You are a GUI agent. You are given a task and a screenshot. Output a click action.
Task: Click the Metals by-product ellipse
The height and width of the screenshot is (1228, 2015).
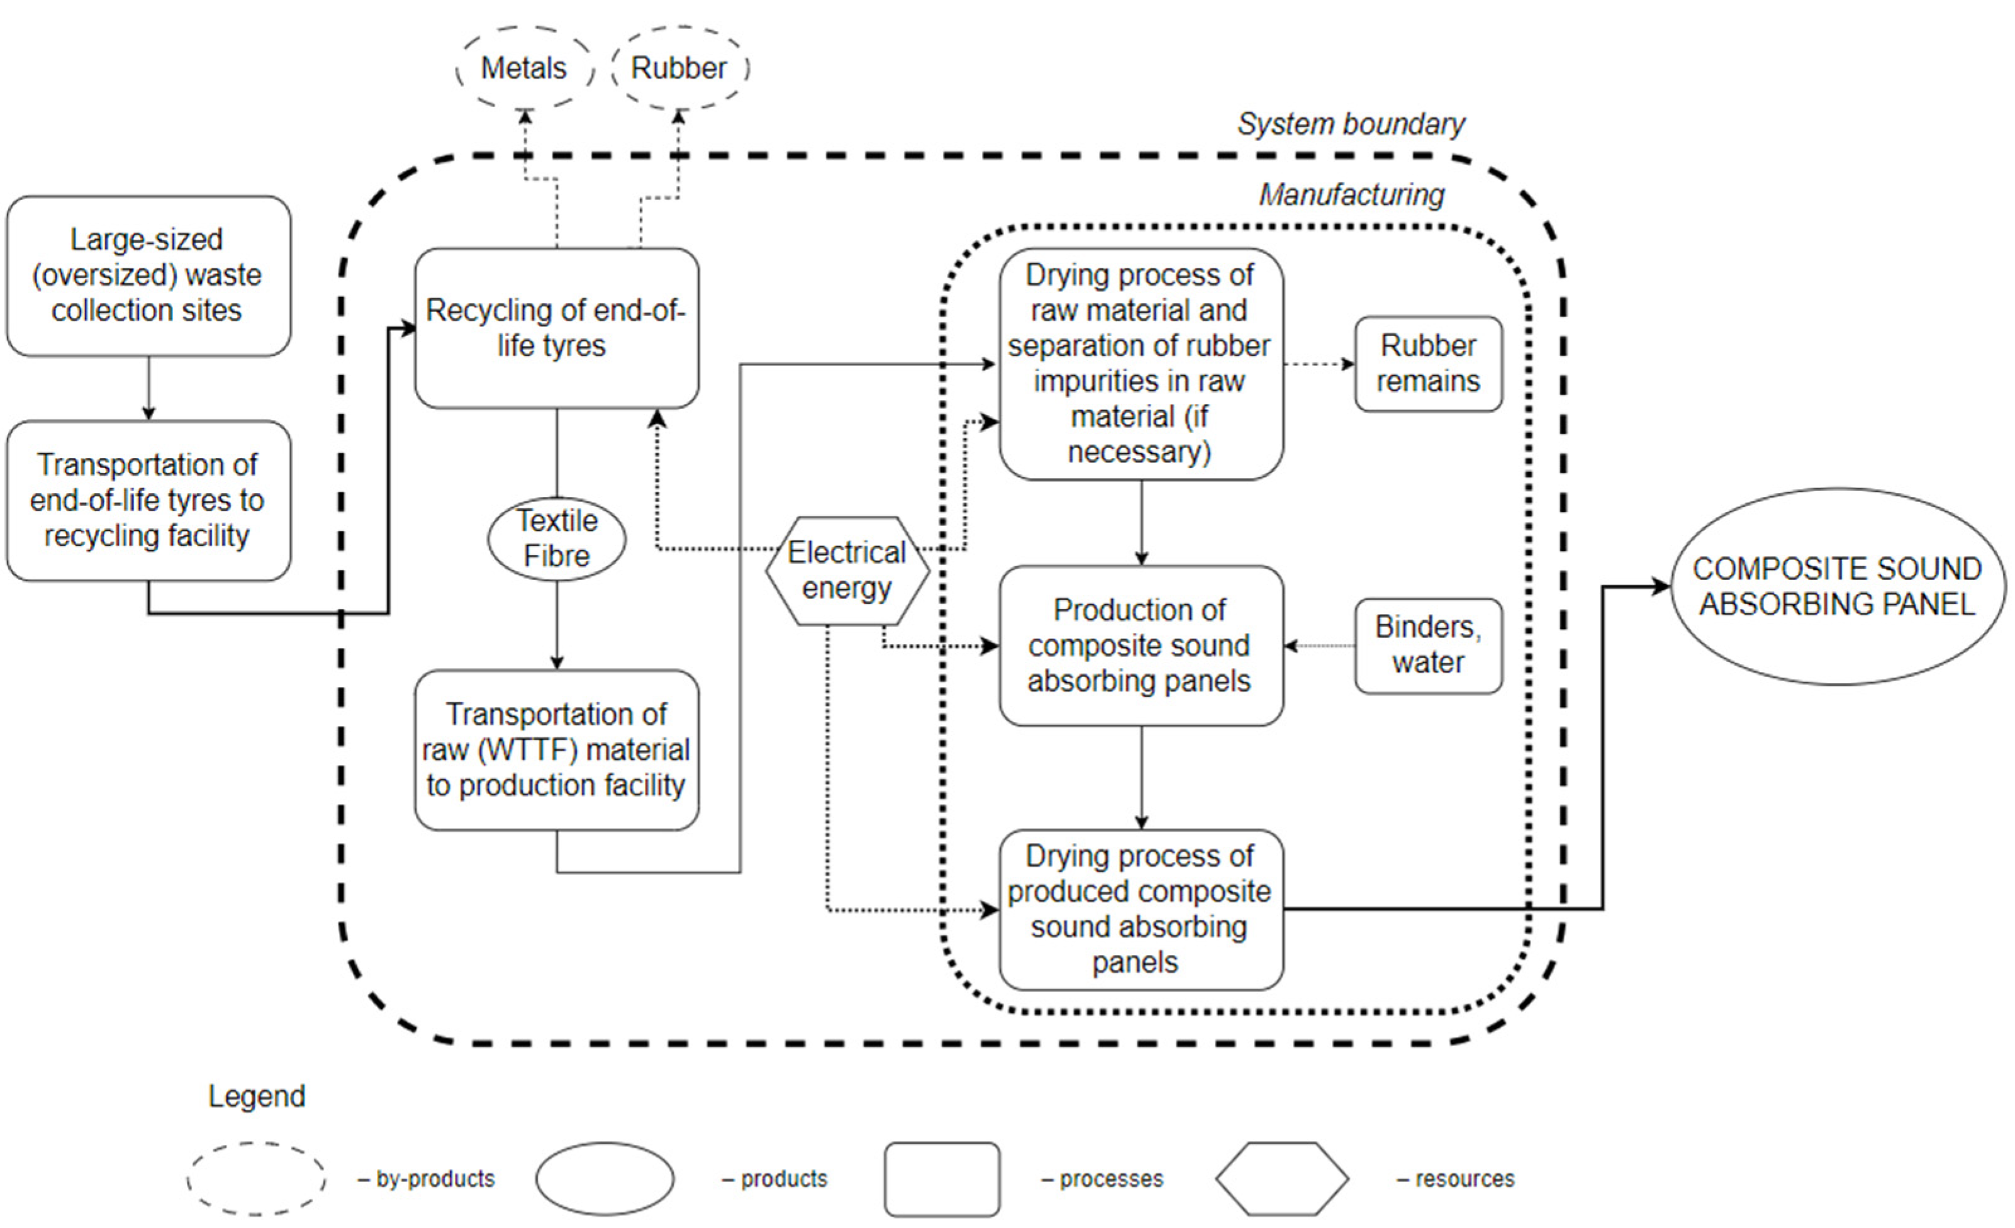pyautogui.click(x=524, y=68)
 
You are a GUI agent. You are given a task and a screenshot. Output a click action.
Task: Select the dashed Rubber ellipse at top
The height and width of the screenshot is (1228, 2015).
pyautogui.click(x=679, y=68)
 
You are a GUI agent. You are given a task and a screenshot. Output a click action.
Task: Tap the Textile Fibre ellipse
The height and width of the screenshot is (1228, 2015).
pyautogui.click(x=557, y=538)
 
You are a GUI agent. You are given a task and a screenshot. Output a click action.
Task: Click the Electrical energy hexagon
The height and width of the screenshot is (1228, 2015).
pyautogui.click(x=847, y=571)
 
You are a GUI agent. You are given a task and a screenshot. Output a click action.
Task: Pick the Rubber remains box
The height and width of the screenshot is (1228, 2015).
pyautogui.click(x=1428, y=364)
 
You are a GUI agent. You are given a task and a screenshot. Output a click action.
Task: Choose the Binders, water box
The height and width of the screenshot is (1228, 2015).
pyautogui.click(x=1428, y=645)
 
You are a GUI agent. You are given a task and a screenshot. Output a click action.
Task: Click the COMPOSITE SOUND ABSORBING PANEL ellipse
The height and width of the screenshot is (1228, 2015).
pyautogui.click(x=1837, y=586)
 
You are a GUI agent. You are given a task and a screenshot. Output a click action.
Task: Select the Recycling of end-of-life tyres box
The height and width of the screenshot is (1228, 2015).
pyautogui.click(x=556, y=328)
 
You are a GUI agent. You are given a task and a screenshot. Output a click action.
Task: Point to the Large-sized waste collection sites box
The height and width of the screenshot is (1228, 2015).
pyautogui.click(x=148, y=276)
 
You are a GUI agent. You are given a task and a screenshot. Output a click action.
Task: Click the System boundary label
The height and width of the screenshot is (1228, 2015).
pyautogui.click(x=1351, y=125)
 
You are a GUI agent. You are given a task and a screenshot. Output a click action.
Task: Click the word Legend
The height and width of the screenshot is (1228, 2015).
pyautogui.click(x=257, y=1095)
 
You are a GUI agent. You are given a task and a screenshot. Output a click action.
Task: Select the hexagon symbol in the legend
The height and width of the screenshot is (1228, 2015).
pyautogui.click(x=1281, y=1178)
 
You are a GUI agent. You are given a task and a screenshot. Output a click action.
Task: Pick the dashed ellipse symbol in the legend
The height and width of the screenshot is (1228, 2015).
pyautogui.click(x=256, y=1178)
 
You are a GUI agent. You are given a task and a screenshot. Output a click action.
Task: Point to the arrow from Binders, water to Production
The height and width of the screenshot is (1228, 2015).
pyautogui.click(x=1318, y=646)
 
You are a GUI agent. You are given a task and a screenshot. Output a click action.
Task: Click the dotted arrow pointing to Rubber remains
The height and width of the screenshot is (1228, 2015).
pyautogui.click(x=1318, y=364)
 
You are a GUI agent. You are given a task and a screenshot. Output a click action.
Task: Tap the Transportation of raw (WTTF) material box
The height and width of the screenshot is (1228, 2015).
pyautogui.click(x=556, y=750)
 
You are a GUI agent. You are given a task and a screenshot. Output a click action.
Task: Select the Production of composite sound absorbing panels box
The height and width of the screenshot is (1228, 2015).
pyautogui.click(x=1141, y=645)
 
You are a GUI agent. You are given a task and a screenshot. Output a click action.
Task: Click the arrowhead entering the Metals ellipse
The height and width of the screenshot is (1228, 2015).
pyautogui.click(x=526, y=117)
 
